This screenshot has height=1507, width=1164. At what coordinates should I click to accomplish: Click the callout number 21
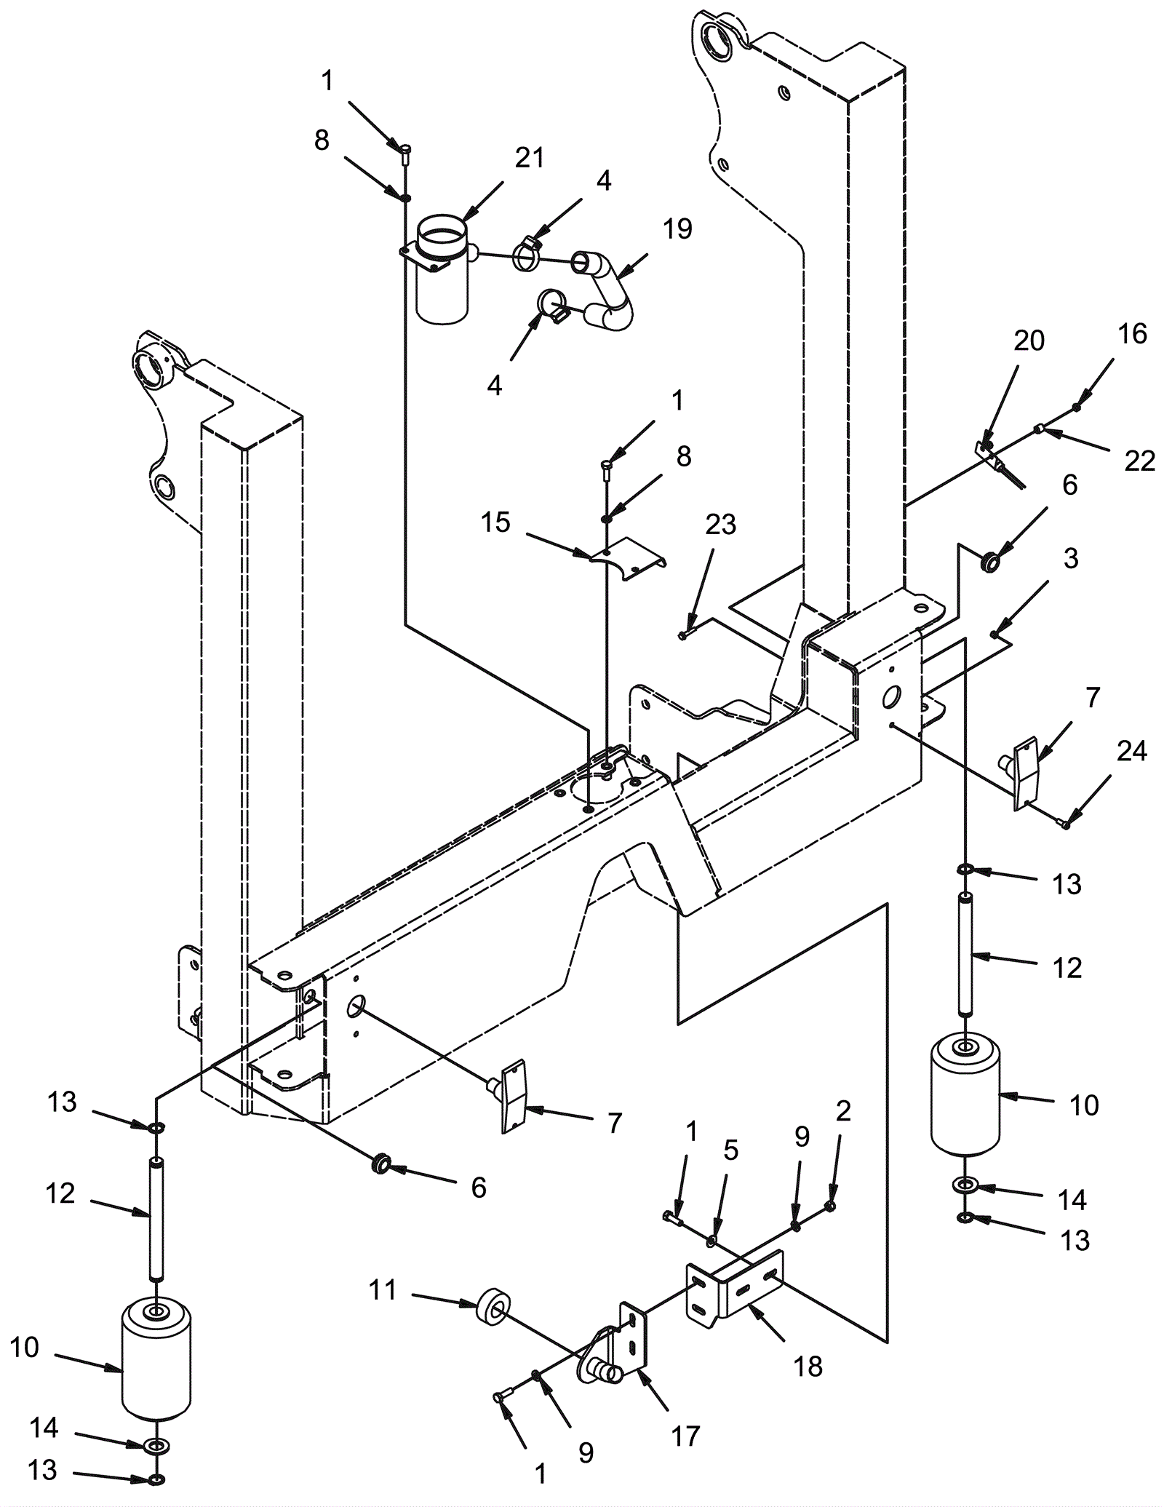click(530, 158)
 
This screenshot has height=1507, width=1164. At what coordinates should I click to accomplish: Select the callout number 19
click(677, 229)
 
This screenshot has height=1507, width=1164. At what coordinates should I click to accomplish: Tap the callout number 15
click(495, 522)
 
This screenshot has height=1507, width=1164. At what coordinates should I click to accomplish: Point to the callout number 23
click(720, 525)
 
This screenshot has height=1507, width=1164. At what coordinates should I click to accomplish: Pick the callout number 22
click(1139, 461)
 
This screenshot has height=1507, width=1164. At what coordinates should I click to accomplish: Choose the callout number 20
click(1029, 341)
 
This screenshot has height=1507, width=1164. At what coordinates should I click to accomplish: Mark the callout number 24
click(1131, 751)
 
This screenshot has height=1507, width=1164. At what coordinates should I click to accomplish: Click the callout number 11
click(383, 1290)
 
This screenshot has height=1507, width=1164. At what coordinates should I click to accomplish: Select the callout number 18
click(808, 1367)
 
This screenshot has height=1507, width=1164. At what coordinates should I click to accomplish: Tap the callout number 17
click(685, 1436)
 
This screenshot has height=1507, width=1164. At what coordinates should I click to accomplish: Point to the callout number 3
click(1071, 559)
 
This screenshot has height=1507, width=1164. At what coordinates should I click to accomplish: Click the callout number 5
click(730, 1150)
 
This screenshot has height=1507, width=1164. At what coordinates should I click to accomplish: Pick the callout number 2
click(843, 1111)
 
